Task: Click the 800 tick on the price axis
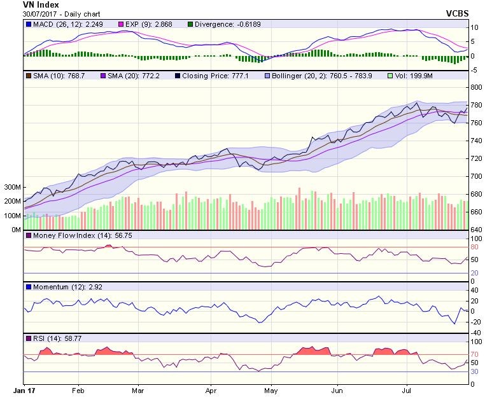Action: tap(475, 88)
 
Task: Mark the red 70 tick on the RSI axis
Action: tap(474, 354)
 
